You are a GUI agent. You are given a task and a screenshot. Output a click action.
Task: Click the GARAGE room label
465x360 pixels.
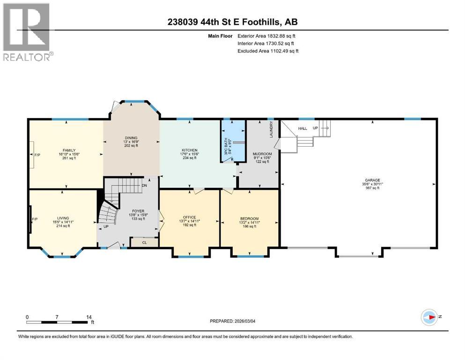tap(373, 180)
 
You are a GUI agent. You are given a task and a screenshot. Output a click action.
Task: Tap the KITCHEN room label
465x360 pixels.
tap(189, 150)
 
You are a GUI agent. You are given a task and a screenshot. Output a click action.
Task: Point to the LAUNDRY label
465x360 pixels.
tap(271, 130)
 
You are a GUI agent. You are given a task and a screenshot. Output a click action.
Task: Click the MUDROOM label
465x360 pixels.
tap(262, 153)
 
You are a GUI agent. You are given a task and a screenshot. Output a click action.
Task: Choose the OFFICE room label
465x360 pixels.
tap(189, 217)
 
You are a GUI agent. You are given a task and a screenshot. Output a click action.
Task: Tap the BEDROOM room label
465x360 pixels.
tap(249, 218)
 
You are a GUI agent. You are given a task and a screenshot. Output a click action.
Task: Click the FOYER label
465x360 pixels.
tap(138, 211)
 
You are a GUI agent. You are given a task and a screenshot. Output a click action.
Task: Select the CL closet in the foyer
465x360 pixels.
tap(144, 243)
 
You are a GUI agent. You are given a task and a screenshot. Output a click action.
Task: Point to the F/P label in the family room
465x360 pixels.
tap(37, 154)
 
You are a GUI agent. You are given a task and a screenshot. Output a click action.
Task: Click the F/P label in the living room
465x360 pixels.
tap(35, 219)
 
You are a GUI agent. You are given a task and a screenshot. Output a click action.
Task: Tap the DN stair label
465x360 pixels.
tap(144, 185)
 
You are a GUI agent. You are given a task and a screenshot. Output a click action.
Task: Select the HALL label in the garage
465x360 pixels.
tap(302, 128)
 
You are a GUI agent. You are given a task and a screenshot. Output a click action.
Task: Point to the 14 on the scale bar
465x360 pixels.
tap(88, 317)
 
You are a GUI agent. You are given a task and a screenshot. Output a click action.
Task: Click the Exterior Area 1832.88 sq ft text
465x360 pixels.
tap(266, 36)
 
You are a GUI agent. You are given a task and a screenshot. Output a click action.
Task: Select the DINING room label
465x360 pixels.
tap(131, 138)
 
